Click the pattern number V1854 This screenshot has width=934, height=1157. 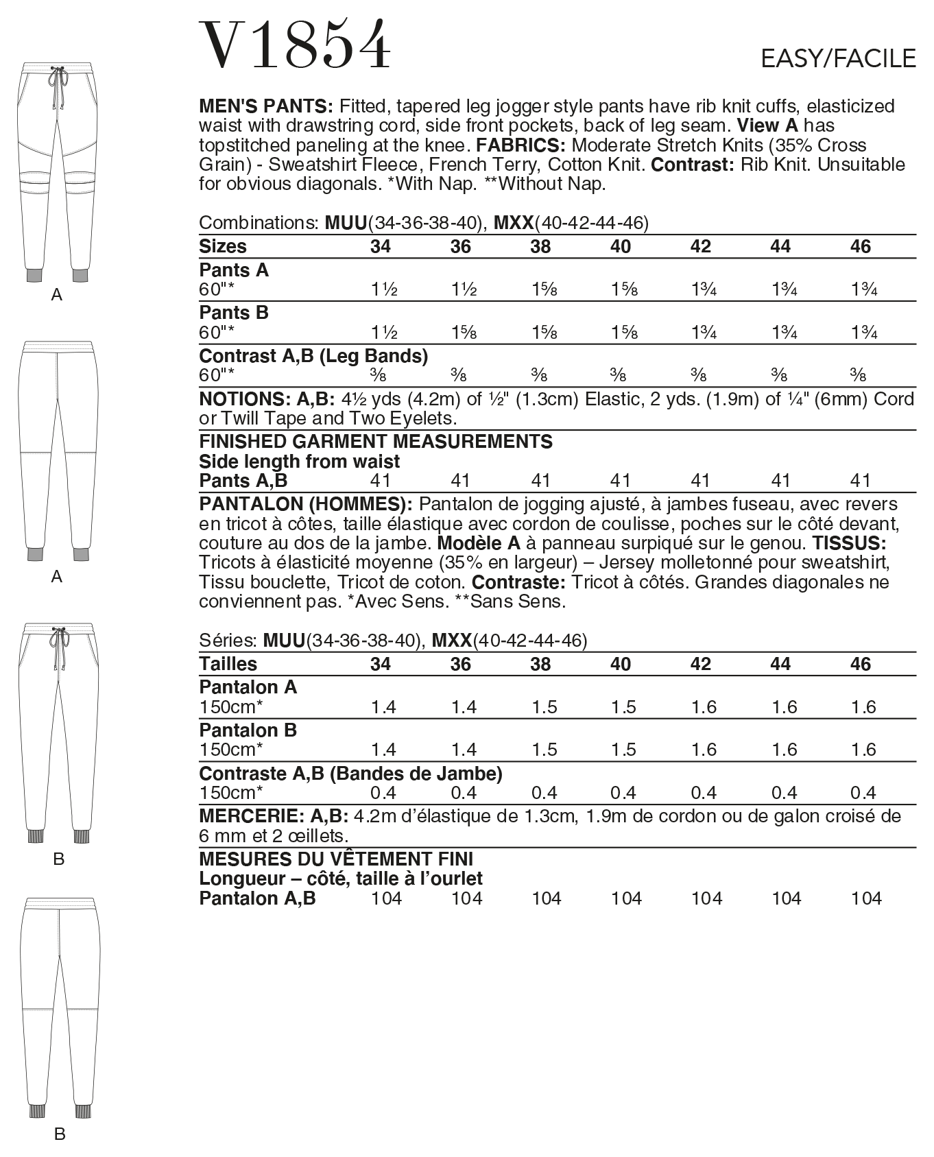coord(295,45)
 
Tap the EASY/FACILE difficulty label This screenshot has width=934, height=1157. coord(838,59)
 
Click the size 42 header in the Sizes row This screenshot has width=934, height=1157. coord(700,247)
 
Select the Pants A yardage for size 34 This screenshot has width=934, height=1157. coord(384,289)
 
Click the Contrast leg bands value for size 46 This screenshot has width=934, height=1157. coord(858,375)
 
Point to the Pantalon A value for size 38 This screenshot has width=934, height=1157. coord(544,707)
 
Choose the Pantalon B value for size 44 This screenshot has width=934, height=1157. coord(784,750)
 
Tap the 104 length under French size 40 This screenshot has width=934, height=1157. coord(626,898)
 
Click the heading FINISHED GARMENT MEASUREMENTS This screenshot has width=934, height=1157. coord(375,442)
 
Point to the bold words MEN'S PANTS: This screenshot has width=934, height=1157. coord(265,106)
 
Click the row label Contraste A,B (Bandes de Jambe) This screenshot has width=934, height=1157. coord(350,774)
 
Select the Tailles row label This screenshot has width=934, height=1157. coord(228,664)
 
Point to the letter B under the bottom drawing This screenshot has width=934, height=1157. coord(60,1134)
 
